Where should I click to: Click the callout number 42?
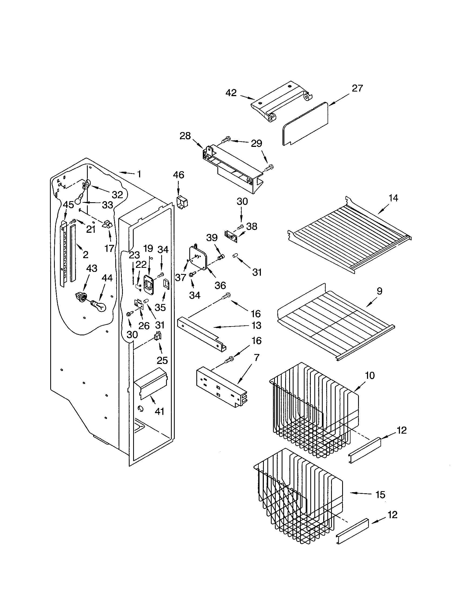[231, 93]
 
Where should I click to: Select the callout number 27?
[357, 88]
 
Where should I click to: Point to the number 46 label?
[179, 175]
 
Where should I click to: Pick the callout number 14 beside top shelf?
[393, 198]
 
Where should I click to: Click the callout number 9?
[379, 291]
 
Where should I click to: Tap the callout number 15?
[380, 495]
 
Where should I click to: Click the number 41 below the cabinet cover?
[159, 411]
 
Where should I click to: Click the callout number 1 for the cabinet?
[139, 174]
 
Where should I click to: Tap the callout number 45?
[68, 205]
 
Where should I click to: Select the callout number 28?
[185, 136]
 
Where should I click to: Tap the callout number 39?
[212, 238]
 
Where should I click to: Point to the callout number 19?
[148, 248]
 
